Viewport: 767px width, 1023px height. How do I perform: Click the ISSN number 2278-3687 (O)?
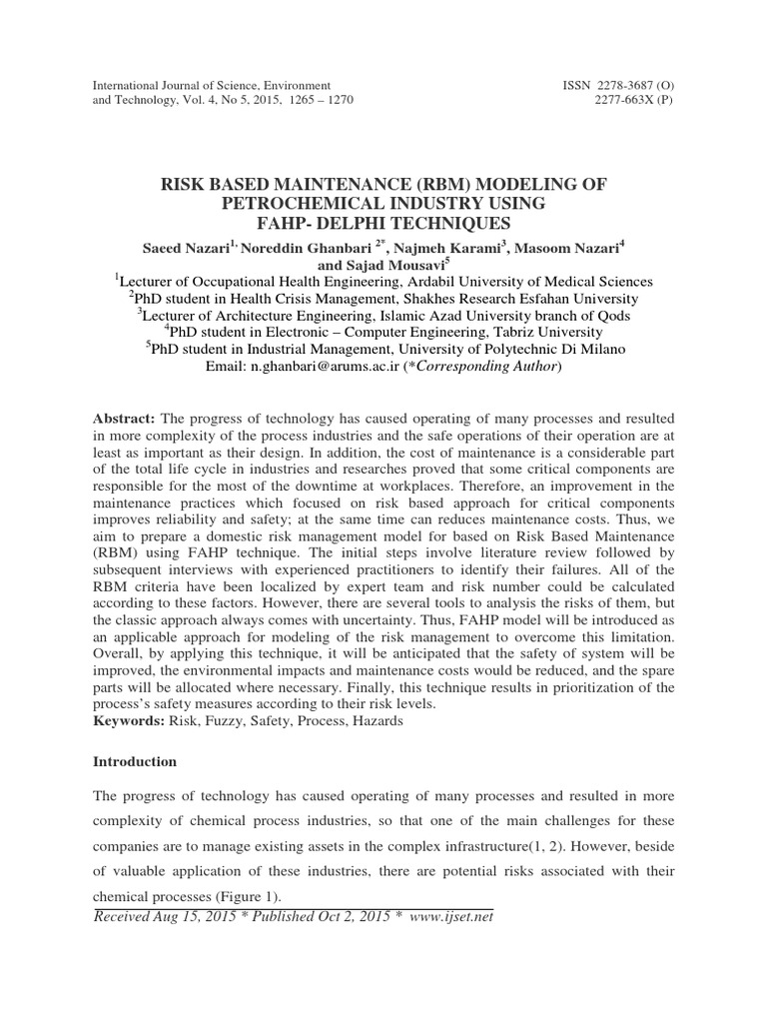[x=618, y=85]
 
